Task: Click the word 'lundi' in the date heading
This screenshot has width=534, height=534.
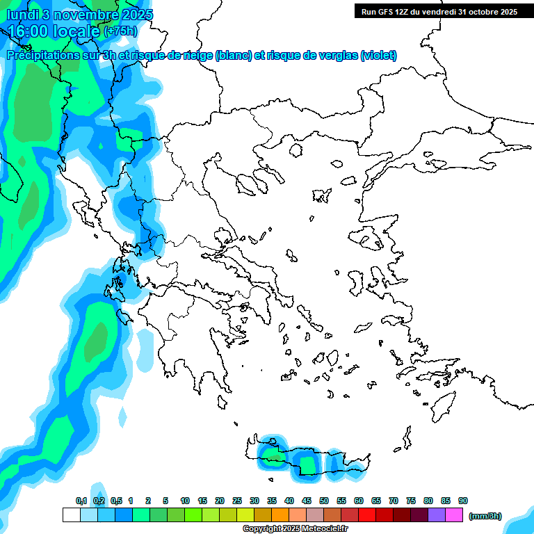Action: (22, 15)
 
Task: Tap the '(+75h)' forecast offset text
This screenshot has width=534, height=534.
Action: (120, 31)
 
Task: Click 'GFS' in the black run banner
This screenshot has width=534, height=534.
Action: (385, 11)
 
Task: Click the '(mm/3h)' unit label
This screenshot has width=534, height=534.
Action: (485, 516)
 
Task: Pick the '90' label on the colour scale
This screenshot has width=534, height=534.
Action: (463, 501)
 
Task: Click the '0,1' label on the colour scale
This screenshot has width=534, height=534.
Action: (81, 501)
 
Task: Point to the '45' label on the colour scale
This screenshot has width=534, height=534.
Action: (307, 501)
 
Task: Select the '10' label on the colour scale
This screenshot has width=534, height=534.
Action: (185, 501)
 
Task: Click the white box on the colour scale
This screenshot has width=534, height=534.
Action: (71, 515)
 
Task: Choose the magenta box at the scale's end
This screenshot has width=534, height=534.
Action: (454, 515)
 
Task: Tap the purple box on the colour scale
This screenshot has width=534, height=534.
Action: (437, 515)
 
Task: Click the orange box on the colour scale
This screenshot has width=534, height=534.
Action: (280, 515)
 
